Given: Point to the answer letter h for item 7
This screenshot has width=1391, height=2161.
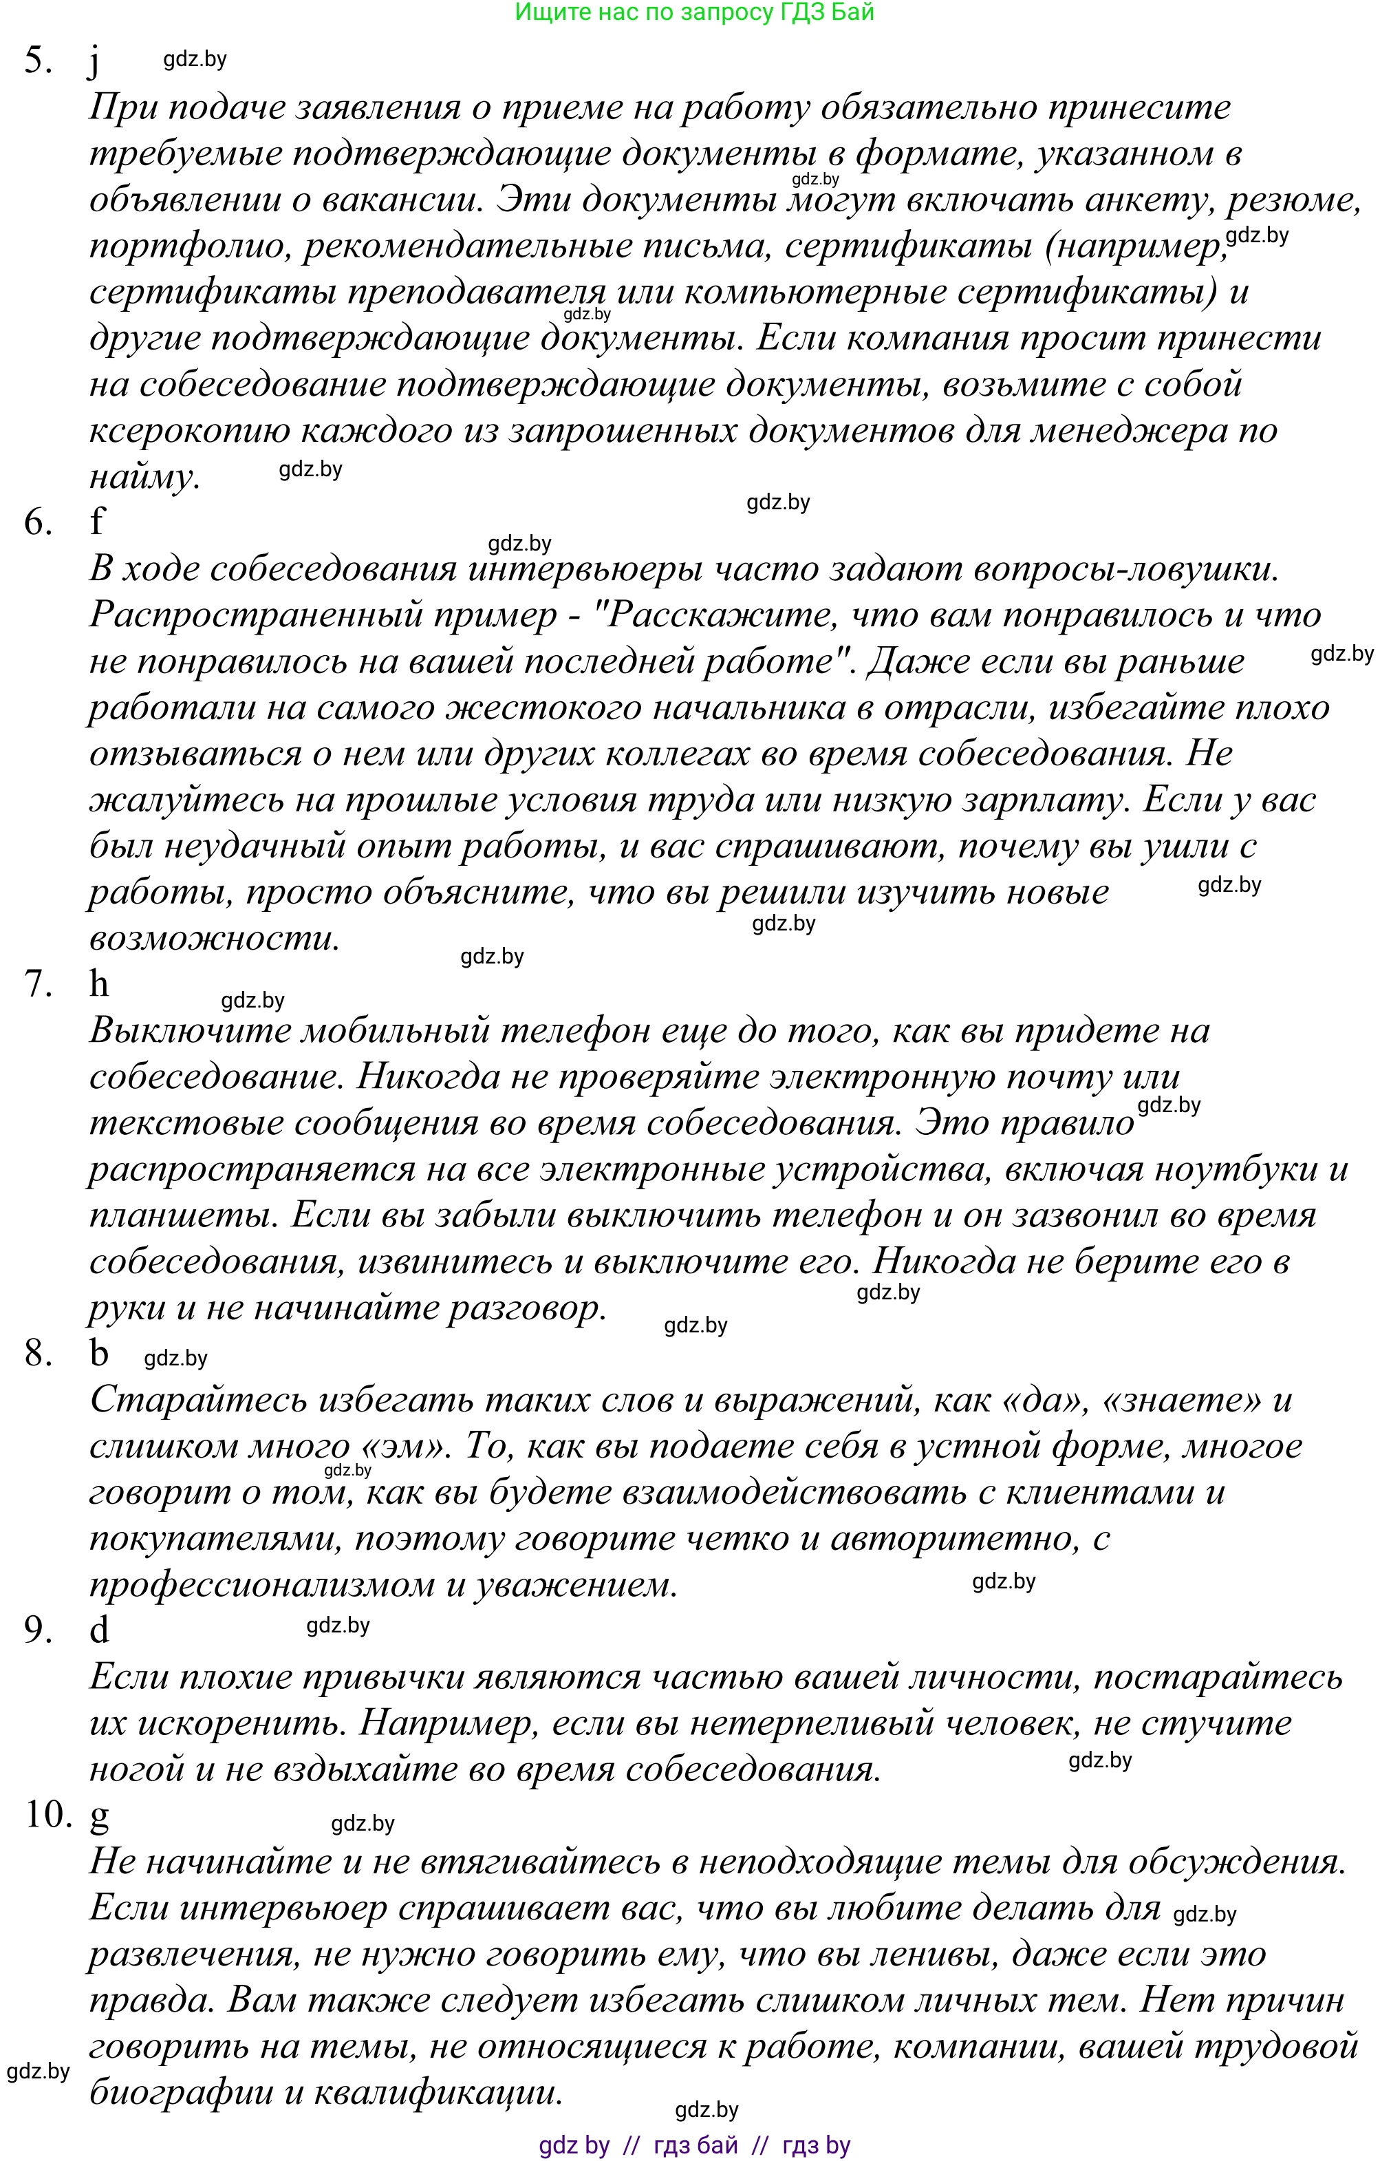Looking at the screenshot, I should pyautogui.click(x=98, y=983).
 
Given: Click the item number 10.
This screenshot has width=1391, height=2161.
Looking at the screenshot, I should pyautogui.click(x=47, y=1814).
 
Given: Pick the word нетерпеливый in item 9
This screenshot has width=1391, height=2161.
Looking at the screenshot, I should pyautogui.click(x=810, y=1723).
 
